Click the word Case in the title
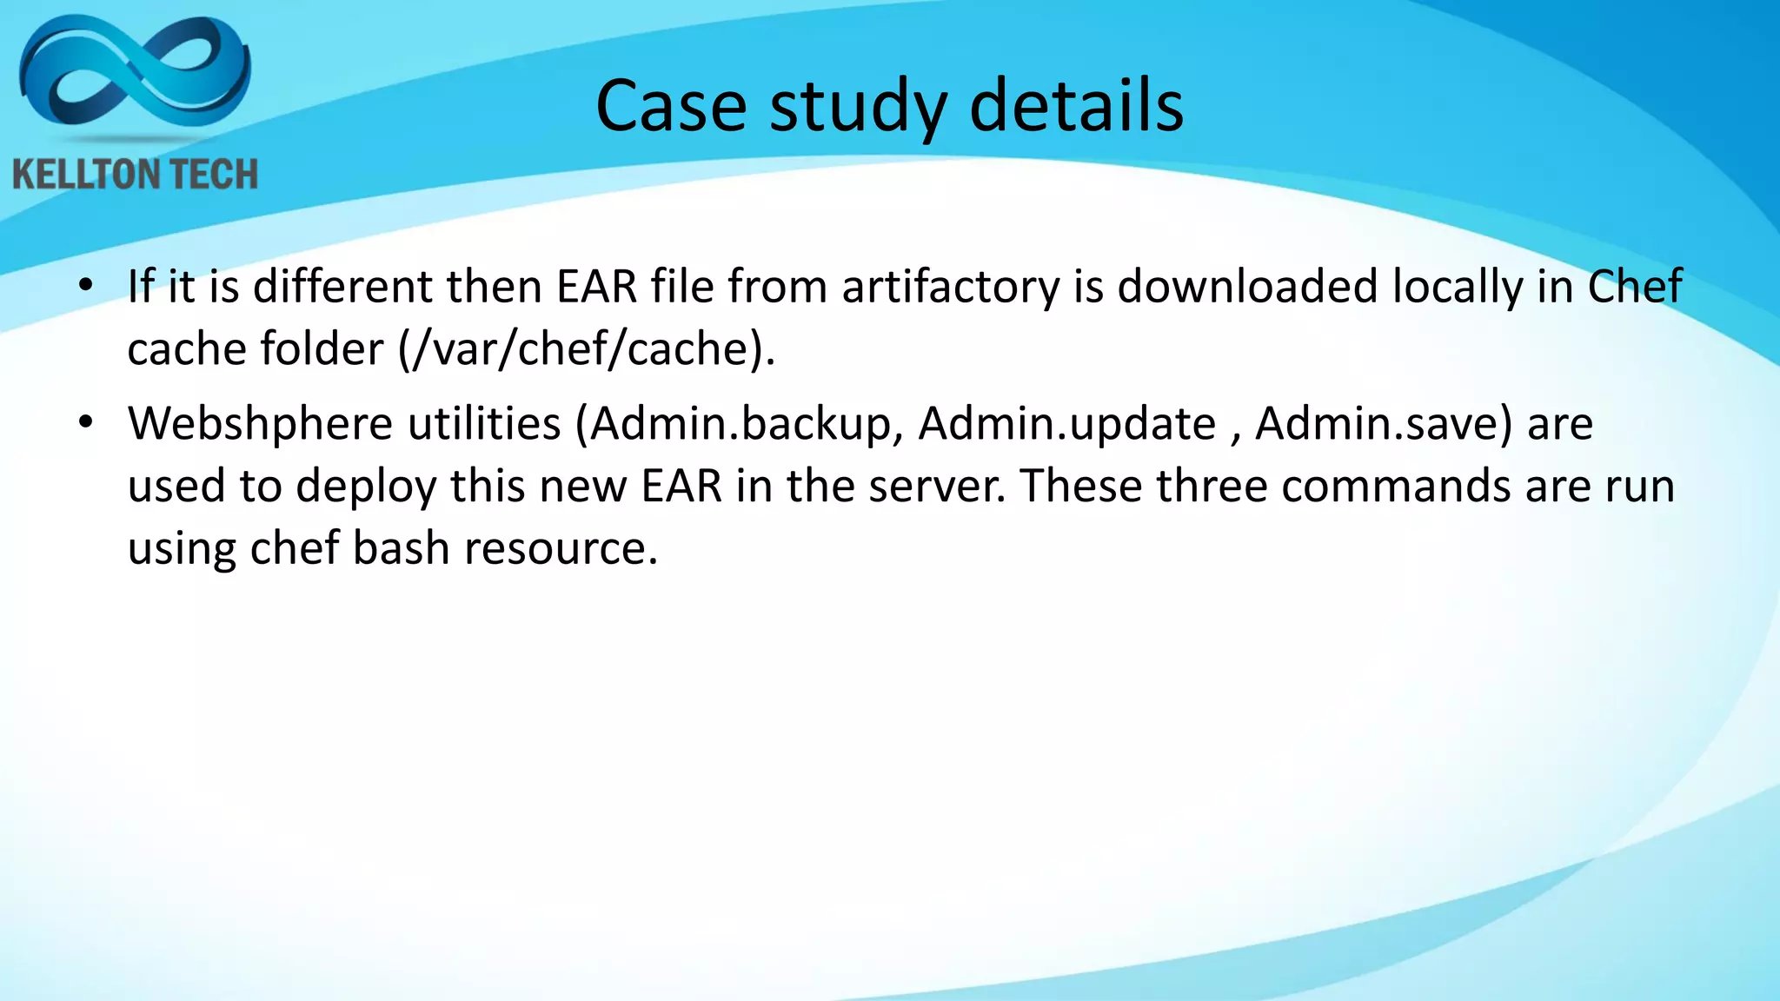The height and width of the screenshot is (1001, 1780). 670,106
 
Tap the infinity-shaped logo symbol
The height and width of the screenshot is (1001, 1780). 135,74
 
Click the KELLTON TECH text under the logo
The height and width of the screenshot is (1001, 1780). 135,175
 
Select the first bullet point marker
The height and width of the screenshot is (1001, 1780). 84,286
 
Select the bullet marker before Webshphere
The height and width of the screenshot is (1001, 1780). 84,423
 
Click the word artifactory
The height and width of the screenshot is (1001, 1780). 951,287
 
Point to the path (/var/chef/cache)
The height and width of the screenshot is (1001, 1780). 586,349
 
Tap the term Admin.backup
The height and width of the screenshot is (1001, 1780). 741,424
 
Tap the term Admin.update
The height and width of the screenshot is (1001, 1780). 1066,424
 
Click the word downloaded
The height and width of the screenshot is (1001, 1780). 1247,287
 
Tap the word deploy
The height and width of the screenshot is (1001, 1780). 365,487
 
